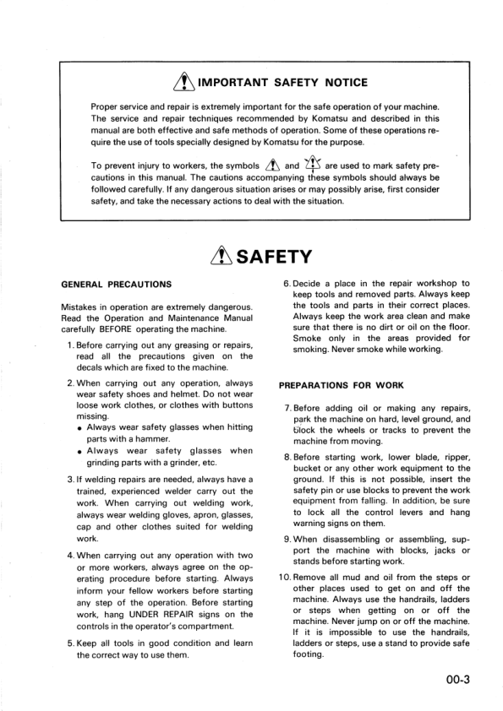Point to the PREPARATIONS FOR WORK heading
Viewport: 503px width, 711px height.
(341, 386)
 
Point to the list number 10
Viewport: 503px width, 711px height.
(285, 578)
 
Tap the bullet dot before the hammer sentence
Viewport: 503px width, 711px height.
(79, 428)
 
